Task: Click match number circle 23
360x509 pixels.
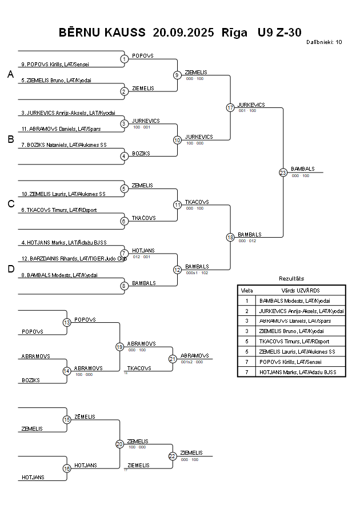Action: pos(283,173)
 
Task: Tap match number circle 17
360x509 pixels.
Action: pos(230,107)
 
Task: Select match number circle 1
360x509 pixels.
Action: pos(124,58)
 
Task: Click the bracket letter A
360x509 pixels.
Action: pos(10,74)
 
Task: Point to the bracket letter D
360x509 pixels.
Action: pos(10,270)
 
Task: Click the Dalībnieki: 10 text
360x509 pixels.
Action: pos(324,42)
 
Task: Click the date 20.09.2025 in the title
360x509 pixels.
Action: pos(183,33)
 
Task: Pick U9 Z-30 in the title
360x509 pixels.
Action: pos(279,33)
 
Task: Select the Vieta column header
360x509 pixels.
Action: pos(247,290)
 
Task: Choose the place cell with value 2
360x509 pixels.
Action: pos(247,311)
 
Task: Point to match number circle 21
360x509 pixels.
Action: pos(173,359)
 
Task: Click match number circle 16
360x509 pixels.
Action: pos(67,468)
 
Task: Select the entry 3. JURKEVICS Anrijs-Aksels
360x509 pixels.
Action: pos(68,113)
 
